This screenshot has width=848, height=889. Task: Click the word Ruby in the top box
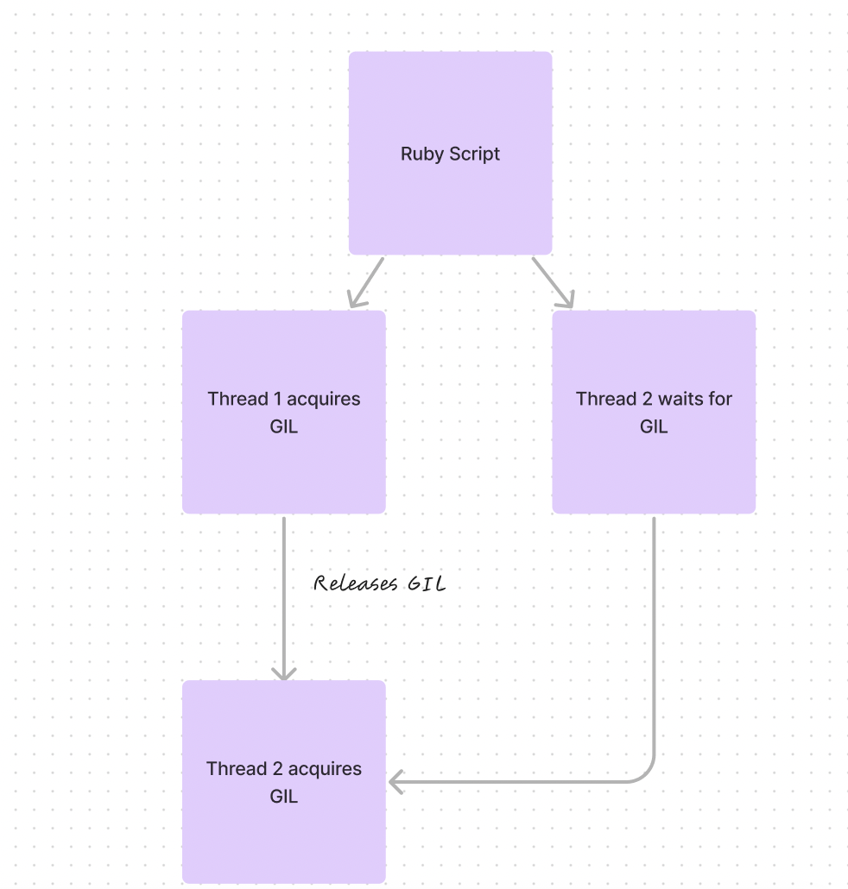pos(420,154)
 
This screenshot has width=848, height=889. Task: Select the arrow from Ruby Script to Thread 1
pos(365,282)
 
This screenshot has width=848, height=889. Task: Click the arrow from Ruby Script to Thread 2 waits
pos(553,282)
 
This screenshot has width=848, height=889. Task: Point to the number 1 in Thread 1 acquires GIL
pos(277,399)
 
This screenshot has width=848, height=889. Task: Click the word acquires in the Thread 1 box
pos(324,399)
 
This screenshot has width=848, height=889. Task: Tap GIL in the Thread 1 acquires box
pos(284,426)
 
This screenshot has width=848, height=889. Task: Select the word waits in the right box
pos(680,399)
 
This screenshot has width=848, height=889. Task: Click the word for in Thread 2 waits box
pos(720,399)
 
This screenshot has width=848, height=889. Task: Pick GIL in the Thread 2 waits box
pos(654,426)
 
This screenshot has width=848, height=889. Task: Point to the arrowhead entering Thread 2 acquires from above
pos(284,673)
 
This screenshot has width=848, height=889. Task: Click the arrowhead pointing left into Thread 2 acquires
pos(396,783)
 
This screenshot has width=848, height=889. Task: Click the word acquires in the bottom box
pos(324,769)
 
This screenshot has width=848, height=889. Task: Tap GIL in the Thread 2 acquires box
pos(284,797)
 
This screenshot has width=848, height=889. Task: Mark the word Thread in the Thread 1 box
pos(237,399)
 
